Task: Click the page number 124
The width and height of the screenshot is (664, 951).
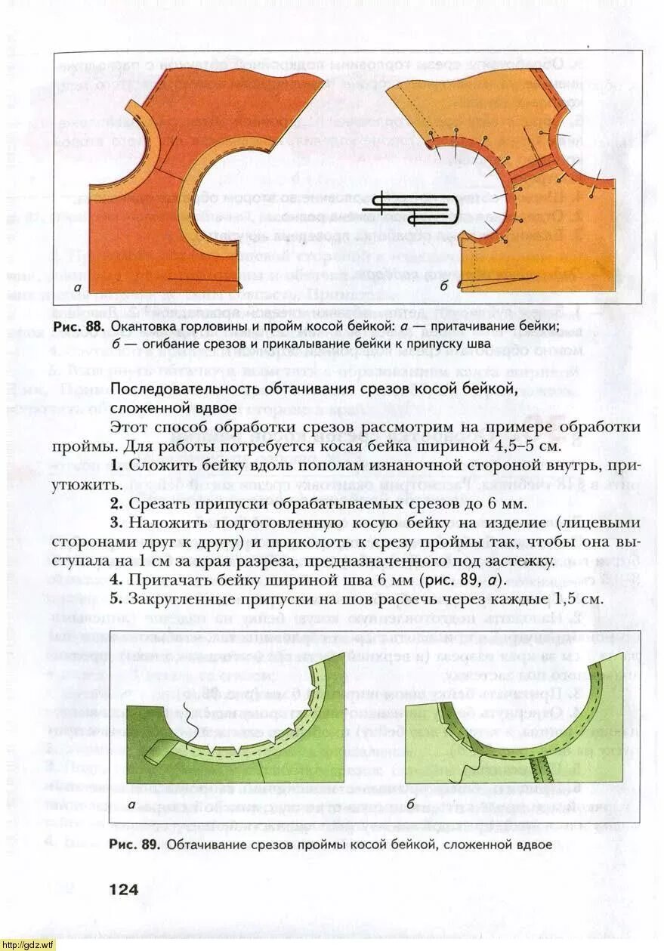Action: pos(124,889)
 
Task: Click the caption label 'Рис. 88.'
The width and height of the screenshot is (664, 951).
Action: pos(79,326)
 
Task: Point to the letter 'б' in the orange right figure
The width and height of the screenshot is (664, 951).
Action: pos(444,286)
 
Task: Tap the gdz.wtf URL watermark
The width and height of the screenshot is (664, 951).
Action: pos(28,944)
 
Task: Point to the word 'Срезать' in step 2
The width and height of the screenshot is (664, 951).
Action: pos(158,503)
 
